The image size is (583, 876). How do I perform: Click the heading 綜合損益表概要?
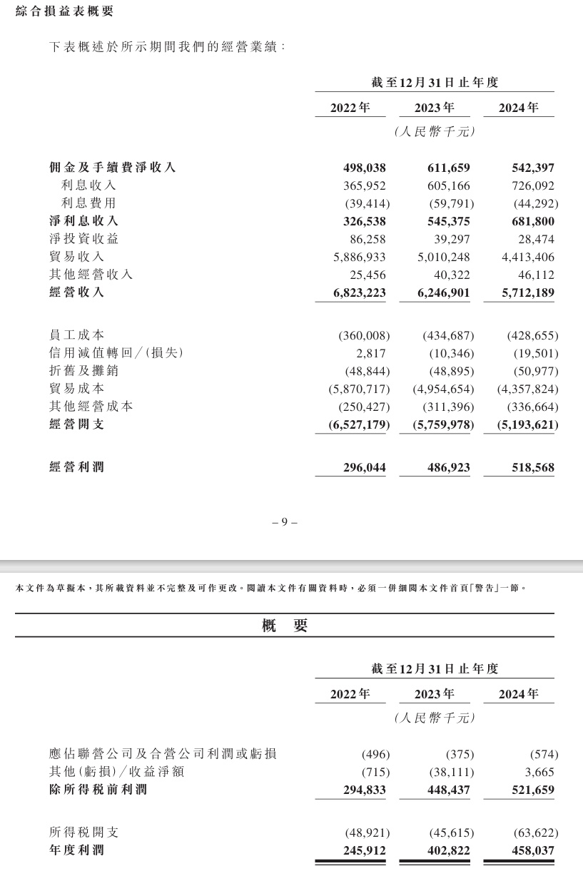(x=64, y=11)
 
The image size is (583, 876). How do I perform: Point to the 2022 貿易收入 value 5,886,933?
(x=355, y=257)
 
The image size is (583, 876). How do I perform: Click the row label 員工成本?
(x=77, y=335)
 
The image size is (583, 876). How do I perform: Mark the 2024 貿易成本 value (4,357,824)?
(x=527, y=389)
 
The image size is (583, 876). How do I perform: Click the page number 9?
(x=284, y=522)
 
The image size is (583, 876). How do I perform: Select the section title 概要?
(x=285, y=626)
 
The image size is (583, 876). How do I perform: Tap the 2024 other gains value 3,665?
(x=539, y=773)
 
